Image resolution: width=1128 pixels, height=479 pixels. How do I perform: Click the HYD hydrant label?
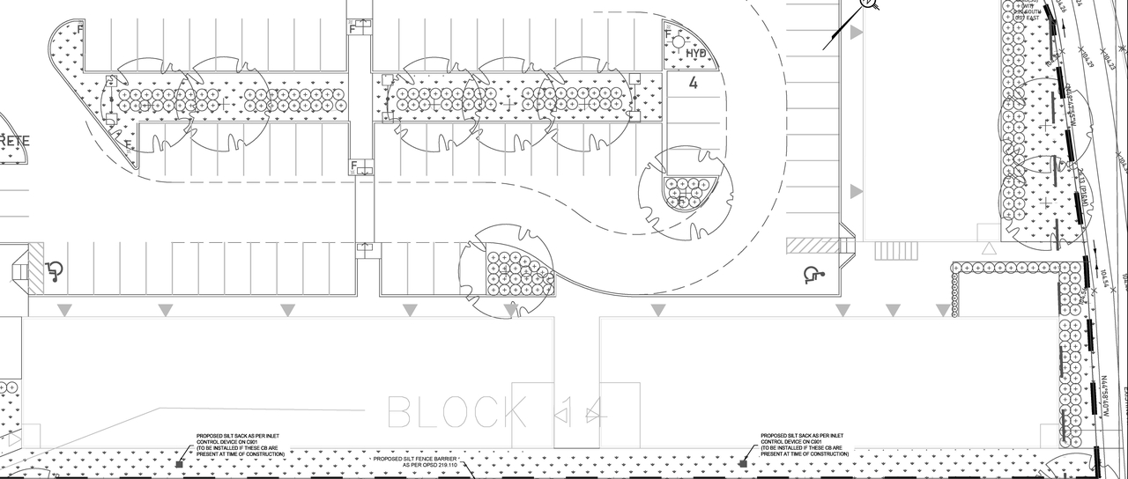697,55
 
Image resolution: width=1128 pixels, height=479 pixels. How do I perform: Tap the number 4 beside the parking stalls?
694,84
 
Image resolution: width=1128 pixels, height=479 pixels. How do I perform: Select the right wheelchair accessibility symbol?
813,276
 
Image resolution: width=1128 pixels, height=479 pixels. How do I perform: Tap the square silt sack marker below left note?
179,463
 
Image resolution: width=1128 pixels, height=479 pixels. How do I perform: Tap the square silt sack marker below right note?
743,463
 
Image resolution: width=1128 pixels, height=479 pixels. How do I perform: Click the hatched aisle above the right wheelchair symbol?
813,246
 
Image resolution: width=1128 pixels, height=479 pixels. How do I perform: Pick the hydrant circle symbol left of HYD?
678,41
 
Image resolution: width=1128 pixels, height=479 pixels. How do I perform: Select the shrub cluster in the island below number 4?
686,193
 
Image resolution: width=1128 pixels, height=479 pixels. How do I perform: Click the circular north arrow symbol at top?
868,4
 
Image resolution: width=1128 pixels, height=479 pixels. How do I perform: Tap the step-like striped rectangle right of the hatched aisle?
895,251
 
